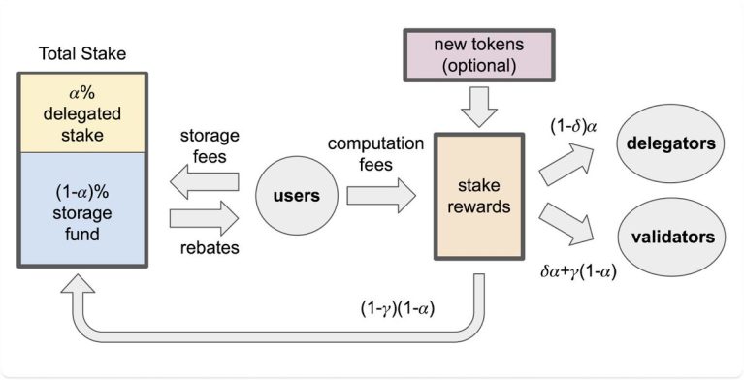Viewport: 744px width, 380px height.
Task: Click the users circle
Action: pos(296,196)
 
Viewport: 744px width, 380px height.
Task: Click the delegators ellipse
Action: pos(675,143)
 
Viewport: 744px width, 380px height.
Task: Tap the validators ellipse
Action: pos(675,237)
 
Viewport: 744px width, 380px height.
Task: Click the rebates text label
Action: pos(210,248)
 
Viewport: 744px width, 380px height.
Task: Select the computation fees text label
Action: pos(376,153)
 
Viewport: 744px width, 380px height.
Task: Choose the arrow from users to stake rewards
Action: pos(378,196)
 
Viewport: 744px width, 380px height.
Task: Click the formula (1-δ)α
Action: pos(562,122)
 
